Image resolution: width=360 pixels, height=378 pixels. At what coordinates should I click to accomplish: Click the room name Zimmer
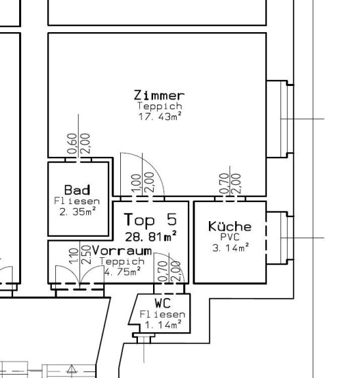(159, 95)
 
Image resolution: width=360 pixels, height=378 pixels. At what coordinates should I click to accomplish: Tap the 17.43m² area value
(160, 117)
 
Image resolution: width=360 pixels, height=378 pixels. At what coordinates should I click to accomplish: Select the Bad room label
(78, 190)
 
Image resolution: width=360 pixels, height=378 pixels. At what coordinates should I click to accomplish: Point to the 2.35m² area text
(78, 212)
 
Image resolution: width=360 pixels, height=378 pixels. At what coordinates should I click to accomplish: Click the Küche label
(230, 226)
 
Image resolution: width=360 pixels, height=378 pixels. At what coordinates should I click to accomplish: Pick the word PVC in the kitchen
(230, 237)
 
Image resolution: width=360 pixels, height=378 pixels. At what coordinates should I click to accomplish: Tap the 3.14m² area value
(231, 247)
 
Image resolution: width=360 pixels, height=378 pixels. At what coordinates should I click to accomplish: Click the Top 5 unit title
(150, 220)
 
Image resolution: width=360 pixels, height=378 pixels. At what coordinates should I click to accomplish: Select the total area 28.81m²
(151, 236)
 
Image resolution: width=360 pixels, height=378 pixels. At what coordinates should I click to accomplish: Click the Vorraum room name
(122, 251)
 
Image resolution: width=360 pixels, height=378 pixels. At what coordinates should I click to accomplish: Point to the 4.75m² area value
(122, 272)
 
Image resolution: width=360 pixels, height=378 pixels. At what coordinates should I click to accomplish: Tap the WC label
(163, 303)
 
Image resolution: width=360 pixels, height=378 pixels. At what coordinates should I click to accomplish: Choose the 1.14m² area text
(163, 325)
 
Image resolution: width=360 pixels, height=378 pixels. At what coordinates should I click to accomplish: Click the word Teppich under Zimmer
(160, 106)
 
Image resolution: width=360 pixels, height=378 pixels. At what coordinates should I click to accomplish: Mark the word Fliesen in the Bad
(77, 201)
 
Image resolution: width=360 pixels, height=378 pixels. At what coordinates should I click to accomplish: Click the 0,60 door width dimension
(72, 144)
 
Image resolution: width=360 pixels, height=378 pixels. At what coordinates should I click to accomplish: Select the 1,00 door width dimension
(137, 183)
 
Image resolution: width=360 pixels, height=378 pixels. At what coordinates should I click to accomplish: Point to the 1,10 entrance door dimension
(74, 256)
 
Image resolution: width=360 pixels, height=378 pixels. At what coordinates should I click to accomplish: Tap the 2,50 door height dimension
(86, 255)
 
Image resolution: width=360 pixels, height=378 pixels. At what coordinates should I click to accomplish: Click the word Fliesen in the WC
(162, 314)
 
